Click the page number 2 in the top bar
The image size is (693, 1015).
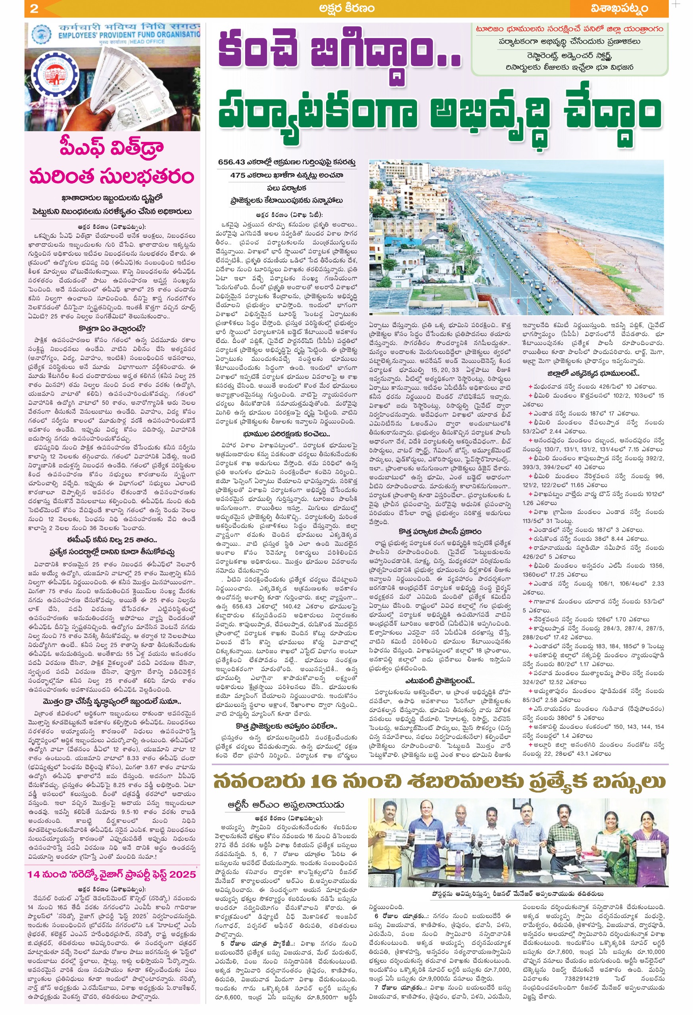pos(34,8)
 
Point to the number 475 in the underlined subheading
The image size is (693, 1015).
pos(238,175)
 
